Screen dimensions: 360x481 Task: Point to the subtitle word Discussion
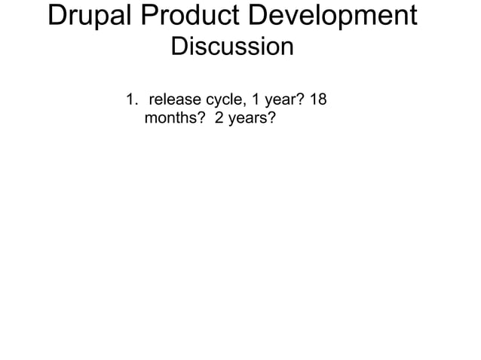point(232,47)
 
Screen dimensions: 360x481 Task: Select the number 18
point(318,99)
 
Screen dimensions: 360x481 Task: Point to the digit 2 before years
point(220,118)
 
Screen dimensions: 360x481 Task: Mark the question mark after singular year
point(300,99)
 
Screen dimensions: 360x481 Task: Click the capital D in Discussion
point(179,47)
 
